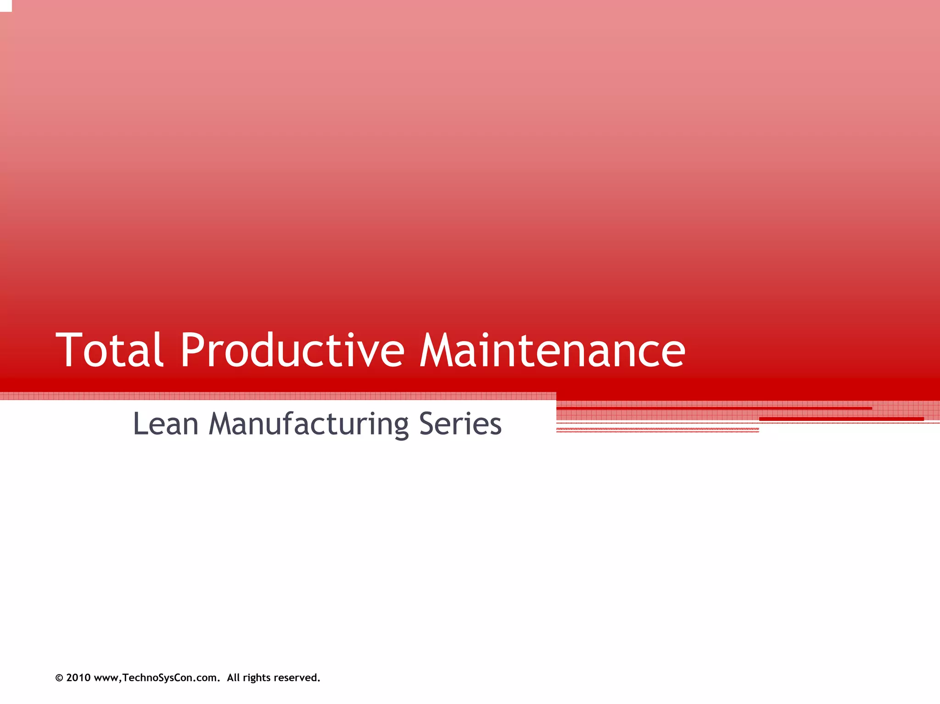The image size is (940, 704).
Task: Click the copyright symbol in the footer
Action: [x=59, y=678]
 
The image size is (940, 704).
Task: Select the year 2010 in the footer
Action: [x=78, y=678]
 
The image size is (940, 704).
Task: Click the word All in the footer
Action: [x=233, y=678]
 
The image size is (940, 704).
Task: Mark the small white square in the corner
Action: [x=6, y=6]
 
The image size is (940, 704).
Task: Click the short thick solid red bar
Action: [x=841, y=419]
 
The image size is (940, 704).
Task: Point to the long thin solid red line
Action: [x=714, y=408]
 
